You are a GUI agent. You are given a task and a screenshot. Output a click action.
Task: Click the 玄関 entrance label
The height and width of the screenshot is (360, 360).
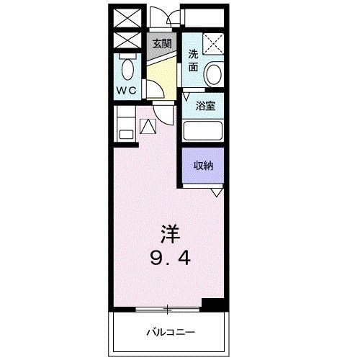[161, 42]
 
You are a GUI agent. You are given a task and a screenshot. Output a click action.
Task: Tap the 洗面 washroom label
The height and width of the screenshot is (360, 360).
[192, 60]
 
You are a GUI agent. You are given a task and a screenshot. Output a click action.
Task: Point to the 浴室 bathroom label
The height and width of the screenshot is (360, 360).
[206, 107]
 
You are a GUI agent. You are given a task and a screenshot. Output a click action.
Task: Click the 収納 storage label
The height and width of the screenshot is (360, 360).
[203, 165]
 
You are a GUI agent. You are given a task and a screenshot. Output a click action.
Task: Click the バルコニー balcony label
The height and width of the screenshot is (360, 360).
[171, 332]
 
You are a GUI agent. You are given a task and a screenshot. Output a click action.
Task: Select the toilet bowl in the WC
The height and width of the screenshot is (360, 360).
[128, 70]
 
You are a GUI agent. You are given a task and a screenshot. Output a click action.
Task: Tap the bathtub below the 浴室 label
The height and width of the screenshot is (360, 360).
[202, 131]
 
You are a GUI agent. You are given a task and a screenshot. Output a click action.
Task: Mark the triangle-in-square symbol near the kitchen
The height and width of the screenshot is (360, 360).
[148, 126]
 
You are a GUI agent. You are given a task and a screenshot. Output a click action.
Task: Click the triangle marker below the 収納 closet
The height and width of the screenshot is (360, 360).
[216, 192]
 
